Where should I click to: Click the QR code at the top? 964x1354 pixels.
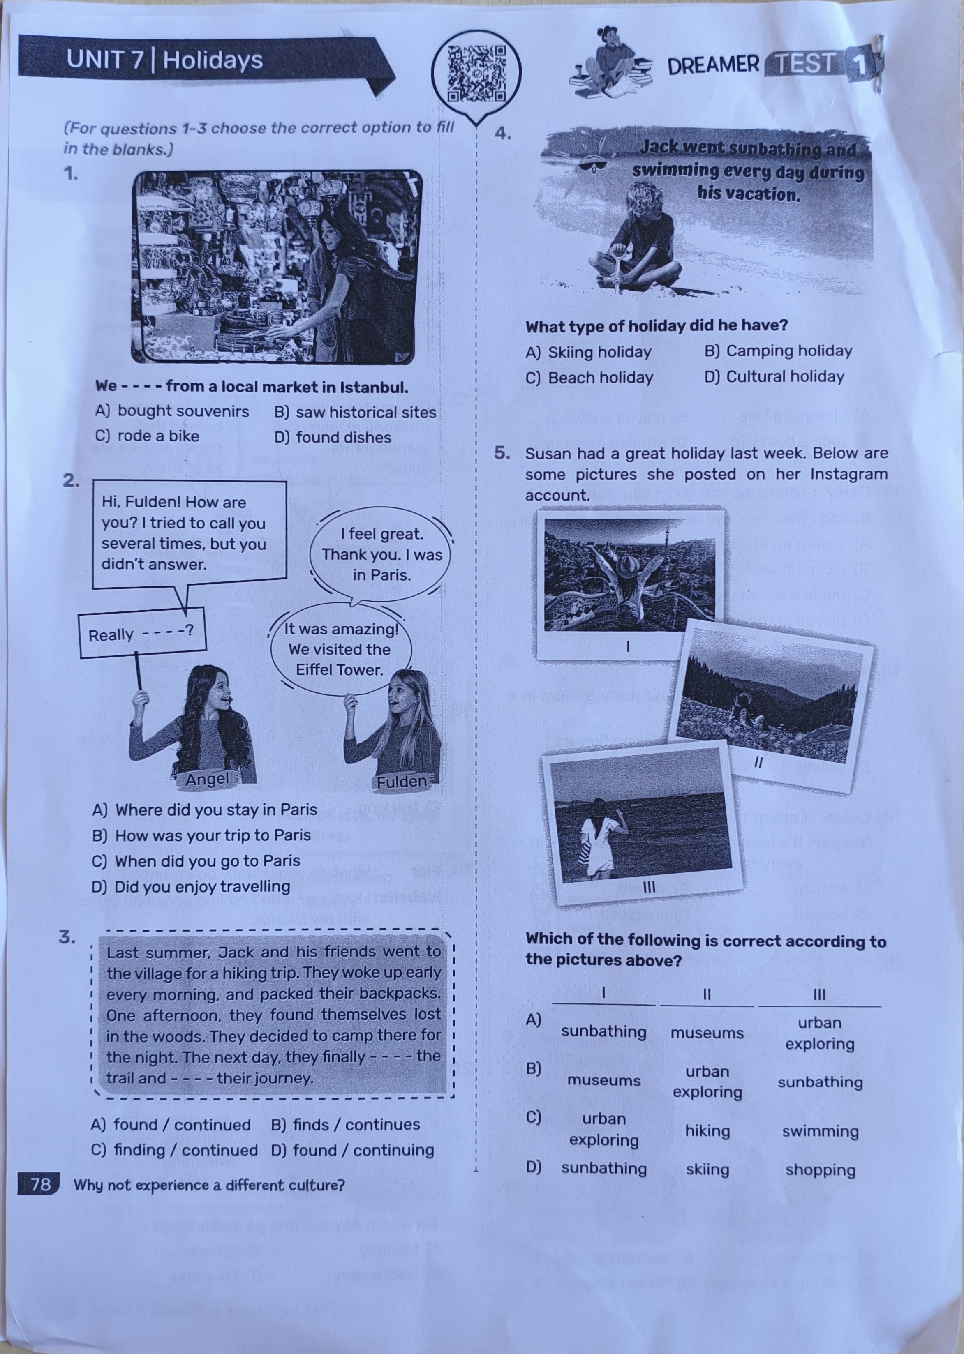click(476, 74)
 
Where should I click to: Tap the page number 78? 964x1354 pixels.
click(40, 1184)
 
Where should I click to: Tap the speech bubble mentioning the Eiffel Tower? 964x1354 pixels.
click(340, 649)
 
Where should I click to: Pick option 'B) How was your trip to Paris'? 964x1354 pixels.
click(201, 835)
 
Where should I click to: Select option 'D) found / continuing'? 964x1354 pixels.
click(353, 1150)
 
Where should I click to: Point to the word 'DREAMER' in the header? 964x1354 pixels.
click(713, 65)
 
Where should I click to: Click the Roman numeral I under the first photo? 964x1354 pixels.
click(627, 646)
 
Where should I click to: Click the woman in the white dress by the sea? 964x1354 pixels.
click(595, 840)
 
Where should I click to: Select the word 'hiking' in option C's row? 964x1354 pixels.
click(707, 1131)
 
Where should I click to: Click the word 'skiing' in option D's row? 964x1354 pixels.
click(707, 1169)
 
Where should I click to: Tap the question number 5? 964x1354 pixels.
click(502, 453)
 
